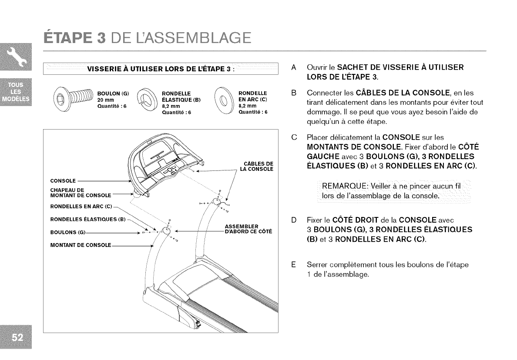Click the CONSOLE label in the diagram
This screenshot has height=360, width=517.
(x=64, y=180)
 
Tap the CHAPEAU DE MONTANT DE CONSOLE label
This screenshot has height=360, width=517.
(x=81, y=192)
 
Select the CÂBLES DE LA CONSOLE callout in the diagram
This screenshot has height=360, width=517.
(x=257, y=166)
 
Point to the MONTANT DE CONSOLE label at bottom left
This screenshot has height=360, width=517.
(x=81, y=245)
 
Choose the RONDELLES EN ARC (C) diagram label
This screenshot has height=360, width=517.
(x=81, y=206)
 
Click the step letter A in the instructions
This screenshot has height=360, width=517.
(x=294, y=68)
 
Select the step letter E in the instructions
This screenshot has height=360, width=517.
(x=294, y=264)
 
